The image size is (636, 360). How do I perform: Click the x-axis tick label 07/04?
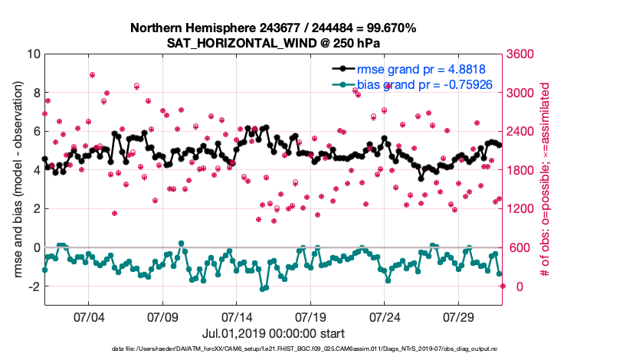point(87,316)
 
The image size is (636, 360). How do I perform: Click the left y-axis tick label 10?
point(33,54)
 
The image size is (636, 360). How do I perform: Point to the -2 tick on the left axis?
point(33,286)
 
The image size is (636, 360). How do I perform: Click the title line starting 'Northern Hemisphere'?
point(273,28)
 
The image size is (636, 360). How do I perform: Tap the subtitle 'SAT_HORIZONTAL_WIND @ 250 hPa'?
point(273,44)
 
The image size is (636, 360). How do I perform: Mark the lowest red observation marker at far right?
point(503,286)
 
